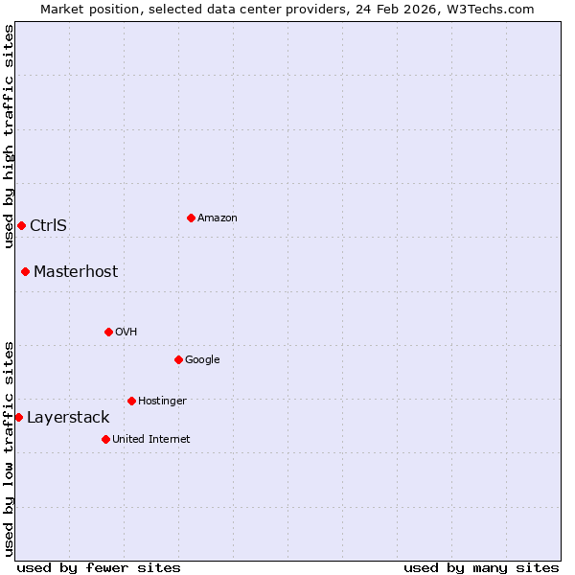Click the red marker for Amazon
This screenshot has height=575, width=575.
tap(191, 218)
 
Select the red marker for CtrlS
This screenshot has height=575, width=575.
tap(21, 225)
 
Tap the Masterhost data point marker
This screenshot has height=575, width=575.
tap(25, 271)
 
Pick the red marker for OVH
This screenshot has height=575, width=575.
tap(108, 332)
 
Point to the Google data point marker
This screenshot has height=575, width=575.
tap(178, 359)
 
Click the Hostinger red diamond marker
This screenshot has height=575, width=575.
tap(131, 401)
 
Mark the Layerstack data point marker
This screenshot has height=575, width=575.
tap(18, 417)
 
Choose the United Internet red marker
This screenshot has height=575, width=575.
tap(105, 439)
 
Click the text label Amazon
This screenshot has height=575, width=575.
tap(218, 218)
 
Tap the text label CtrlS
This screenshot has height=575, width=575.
tap(48, 226)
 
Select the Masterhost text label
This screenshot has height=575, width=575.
tap(76, 272)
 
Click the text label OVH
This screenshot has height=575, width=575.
tap(126, 333)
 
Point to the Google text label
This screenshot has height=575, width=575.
tap(202, 360)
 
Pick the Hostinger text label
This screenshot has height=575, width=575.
tap(162, 402)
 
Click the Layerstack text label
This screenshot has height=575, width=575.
tap(68, 418)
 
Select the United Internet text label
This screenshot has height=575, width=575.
tap(151, 440)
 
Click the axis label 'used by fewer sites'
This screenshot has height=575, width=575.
tap(99, 568)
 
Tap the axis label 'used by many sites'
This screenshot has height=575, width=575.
tap(481, 568)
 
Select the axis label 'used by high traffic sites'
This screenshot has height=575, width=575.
tap(9, 136)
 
